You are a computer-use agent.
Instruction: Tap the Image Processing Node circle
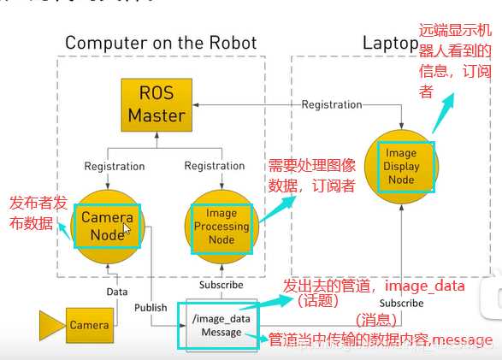(x=221, y=227)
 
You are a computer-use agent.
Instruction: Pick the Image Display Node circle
(x=401, y=167)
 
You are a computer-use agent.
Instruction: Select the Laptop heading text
(x=390, y=42)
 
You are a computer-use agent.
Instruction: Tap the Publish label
(x=151, y=306)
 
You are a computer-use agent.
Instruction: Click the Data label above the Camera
(x=116, y=292)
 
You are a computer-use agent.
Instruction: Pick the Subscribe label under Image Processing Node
(x=221, y=285)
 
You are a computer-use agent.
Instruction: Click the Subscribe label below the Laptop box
(x=400, y=303)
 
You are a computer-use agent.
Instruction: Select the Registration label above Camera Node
(x=115, y=166)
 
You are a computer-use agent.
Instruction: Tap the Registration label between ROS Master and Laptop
(x=333, y=104)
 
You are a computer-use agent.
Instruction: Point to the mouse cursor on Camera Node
(x=127, y=228)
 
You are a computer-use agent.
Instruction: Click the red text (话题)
(x=317, y=302)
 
